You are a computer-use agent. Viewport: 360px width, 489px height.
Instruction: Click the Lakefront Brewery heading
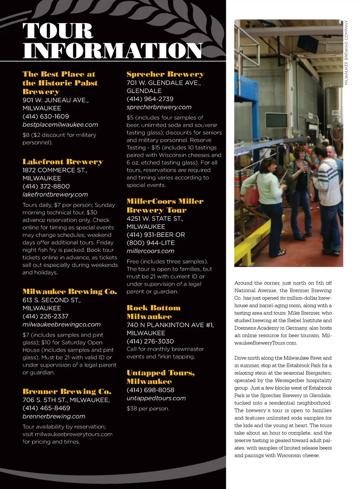click(x=63, y=162)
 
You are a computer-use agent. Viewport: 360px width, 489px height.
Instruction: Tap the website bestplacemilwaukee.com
click(x=60, y=125)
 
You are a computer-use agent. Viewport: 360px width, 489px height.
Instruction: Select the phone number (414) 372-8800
click(x=46, y=186)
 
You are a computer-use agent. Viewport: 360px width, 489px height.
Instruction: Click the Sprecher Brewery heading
click(x=165, y=74)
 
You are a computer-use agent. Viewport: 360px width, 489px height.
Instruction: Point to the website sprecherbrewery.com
click(x=159, y=107)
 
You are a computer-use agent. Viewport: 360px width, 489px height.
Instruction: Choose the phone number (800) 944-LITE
click(x=150, y=243)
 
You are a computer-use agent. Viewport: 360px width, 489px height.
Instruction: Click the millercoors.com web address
click(x=150, y=251)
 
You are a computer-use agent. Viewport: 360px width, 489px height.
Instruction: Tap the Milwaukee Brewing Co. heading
click(x=70, y=292)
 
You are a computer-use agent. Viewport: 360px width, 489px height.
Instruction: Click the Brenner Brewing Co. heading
click(x=67, y=391)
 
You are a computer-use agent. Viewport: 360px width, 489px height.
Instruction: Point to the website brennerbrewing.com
click(x=54, y=416)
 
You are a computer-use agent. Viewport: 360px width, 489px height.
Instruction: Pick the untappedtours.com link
click(x=156, y=398)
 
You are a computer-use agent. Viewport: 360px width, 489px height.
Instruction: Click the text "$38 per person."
click(x=148, y=409)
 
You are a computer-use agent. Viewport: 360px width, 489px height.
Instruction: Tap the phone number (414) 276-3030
click(x=150, y=341)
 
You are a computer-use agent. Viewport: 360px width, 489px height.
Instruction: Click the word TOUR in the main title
click(x=58, y=31)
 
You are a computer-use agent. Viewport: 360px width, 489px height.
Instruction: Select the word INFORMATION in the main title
click(x=112, y=51)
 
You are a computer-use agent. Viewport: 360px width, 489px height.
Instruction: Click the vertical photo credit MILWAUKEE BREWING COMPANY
click(x=346, y=52)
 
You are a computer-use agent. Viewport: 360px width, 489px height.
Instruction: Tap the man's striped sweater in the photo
click(x=329, y=183)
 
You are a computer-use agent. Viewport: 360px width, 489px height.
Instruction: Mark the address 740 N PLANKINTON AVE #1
click(x=170, y=325)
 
